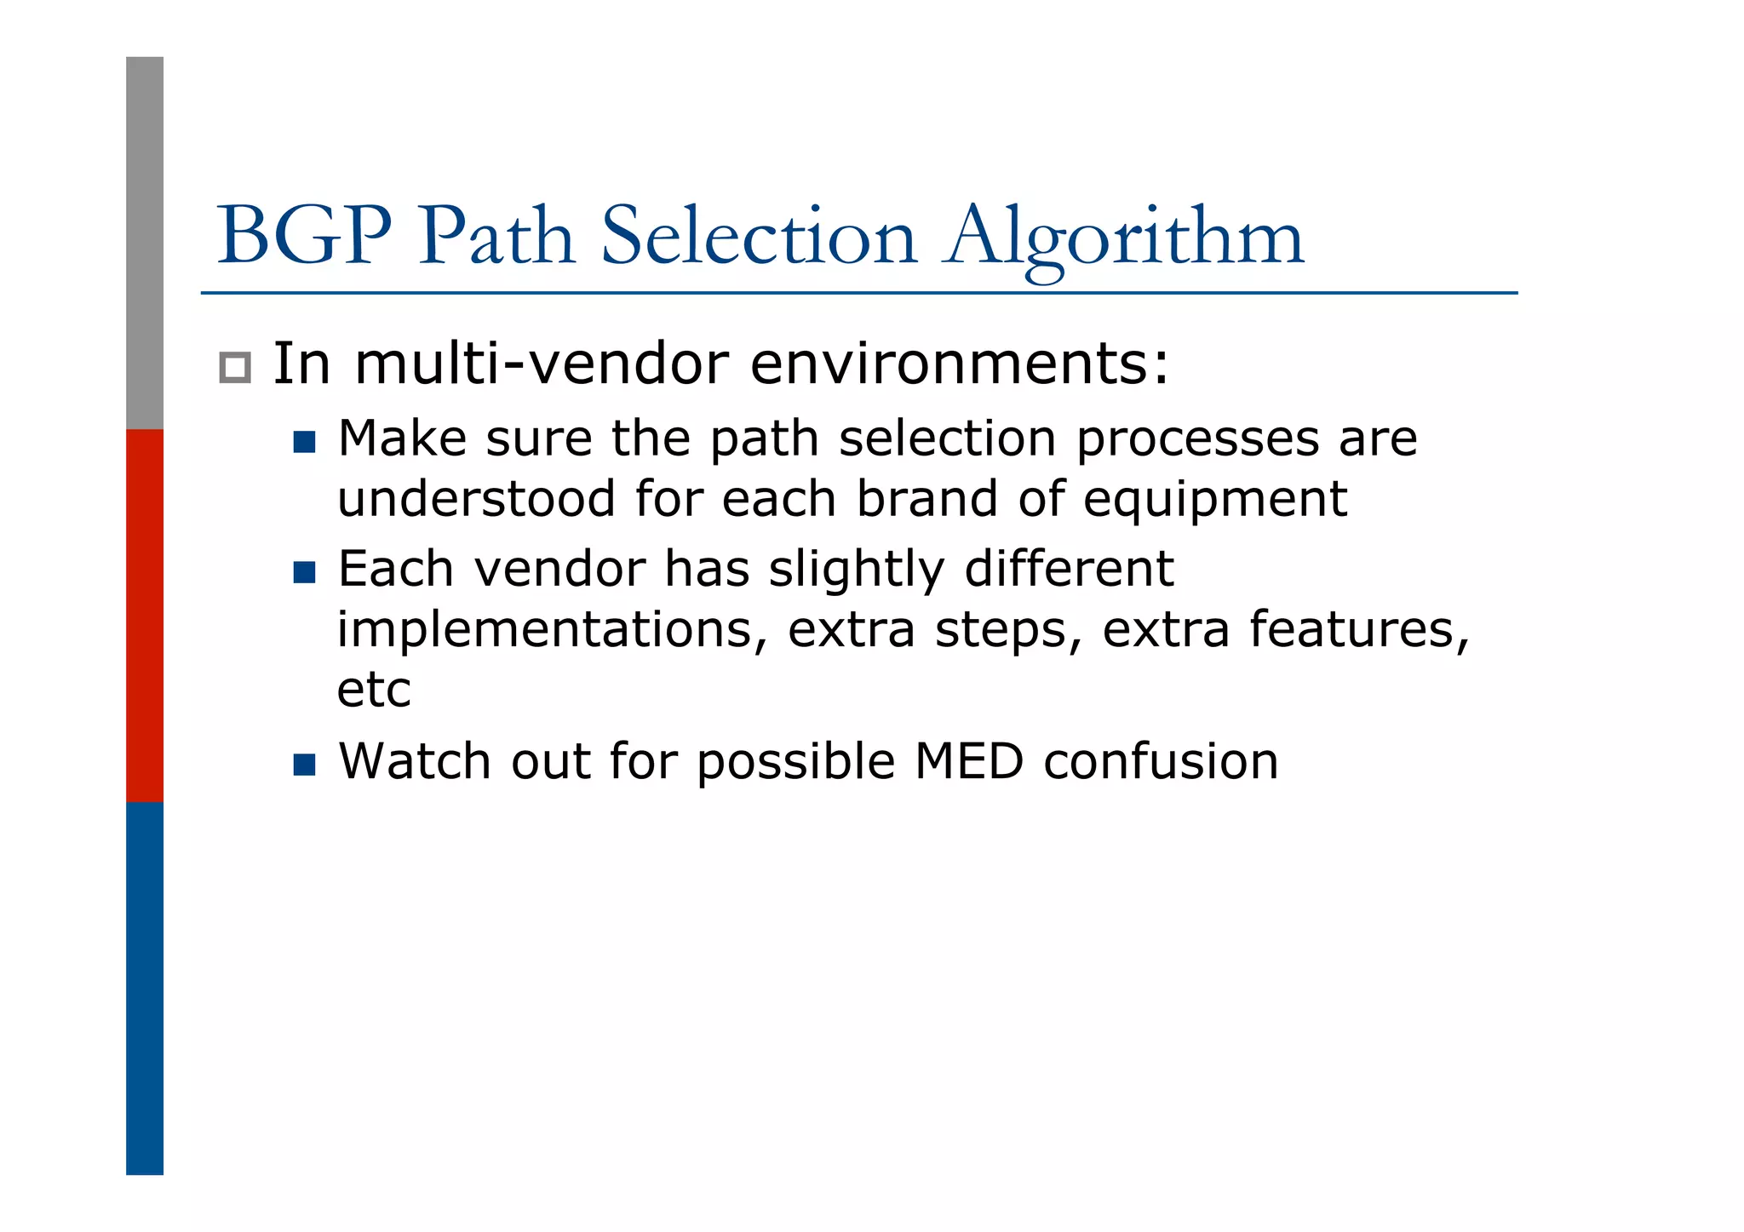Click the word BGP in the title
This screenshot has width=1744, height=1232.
[304, 236]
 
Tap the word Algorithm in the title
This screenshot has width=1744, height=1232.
[1125, 238]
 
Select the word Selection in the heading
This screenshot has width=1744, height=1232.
[759, 236]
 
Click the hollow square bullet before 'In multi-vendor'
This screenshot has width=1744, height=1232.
[235, 368]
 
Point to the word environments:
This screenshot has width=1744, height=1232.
[960, 364]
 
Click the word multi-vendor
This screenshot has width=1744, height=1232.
[542, 364]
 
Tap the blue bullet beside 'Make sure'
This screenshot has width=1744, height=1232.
[304, 442]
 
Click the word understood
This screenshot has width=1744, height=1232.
[476, 499]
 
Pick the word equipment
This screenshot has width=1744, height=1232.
[1215, 501]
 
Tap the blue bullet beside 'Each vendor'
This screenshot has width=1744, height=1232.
[304, 572]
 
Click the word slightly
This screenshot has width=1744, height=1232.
[857, 570]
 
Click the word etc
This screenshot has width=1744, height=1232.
[374, 690]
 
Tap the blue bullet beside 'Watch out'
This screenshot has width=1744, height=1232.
[304, 765]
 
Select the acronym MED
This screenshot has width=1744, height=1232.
[968, 761]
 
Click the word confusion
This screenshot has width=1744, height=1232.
[1161, 761]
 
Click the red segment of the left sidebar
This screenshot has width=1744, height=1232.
[145, 616]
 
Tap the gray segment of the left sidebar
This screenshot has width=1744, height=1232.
[145, 243]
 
